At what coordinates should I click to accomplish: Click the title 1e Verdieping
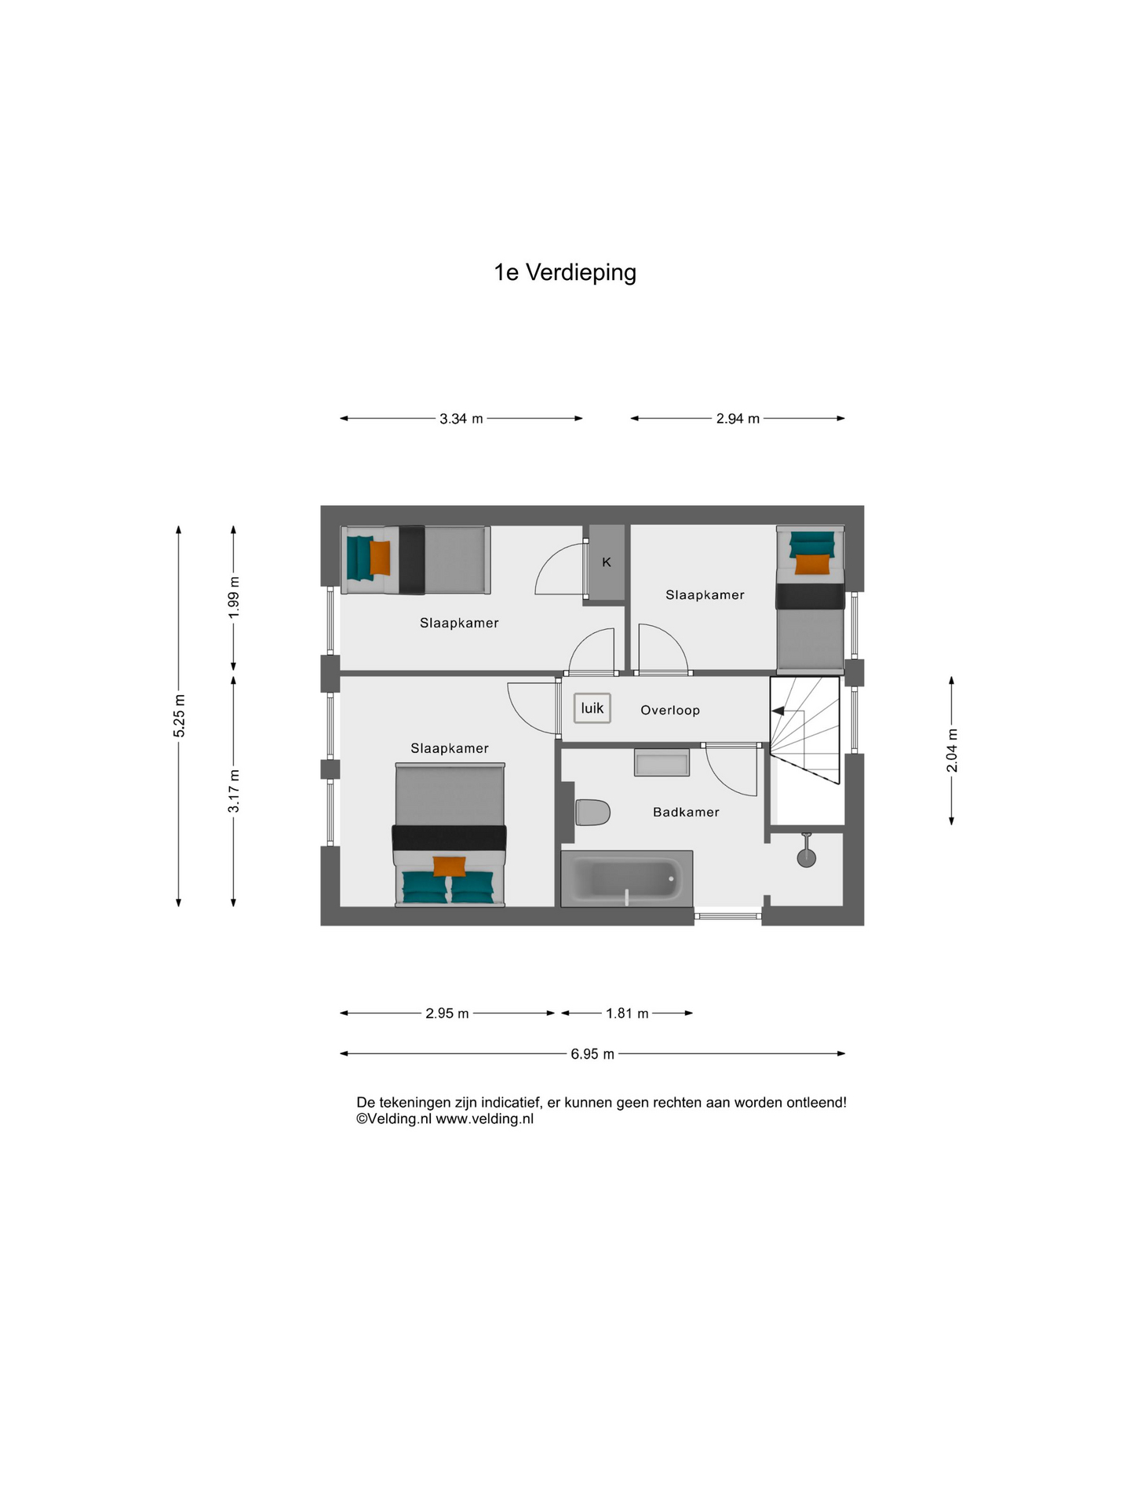(565, 272)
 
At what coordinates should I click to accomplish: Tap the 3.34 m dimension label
(461, 419)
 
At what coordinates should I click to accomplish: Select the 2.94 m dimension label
(738, 419)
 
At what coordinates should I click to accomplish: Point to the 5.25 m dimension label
(180, 715)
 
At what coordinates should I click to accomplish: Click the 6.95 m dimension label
(592, 1054)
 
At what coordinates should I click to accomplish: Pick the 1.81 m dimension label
(627, 1013)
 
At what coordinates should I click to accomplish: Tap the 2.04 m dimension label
(952, 751)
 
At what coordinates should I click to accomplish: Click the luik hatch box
(592, 708)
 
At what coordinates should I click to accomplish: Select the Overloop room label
(670, 710)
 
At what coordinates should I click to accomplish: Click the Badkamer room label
(686, 812)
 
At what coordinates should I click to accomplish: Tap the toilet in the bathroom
(592, 813)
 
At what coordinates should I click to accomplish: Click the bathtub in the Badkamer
(627, 878)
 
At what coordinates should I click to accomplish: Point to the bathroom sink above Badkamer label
(662, 762)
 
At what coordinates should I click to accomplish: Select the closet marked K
(607, 562)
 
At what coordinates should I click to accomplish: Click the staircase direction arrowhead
(778, 711)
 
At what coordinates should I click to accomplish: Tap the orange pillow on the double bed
(450, 866)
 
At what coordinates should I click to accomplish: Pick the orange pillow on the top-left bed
(380, 558)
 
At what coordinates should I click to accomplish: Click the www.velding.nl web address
(484, 1119)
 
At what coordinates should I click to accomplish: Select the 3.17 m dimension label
(234, 791)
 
